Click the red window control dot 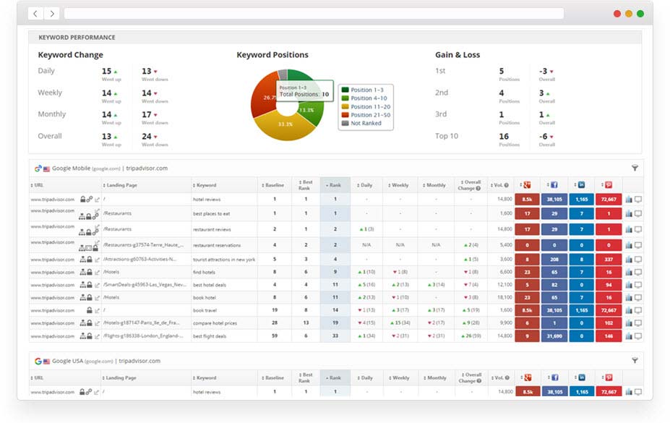tap(617, 14)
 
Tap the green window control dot tap(640, 14)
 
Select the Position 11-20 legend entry tap(371, 106)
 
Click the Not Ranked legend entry tap(366, 123)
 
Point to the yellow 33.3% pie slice tap(283, 126)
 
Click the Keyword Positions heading tap(272, 55)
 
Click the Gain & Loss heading tap(458, 55)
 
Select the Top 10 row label tap(447, 136)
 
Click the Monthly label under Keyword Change tap(52, 114)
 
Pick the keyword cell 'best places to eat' tap(212, 213)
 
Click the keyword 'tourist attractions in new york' tap(224, 260)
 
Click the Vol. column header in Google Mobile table tap(500, 185)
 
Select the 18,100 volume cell tap(504, 297)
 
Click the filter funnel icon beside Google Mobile tap(635, 168)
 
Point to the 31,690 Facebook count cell tap(554, 336)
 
